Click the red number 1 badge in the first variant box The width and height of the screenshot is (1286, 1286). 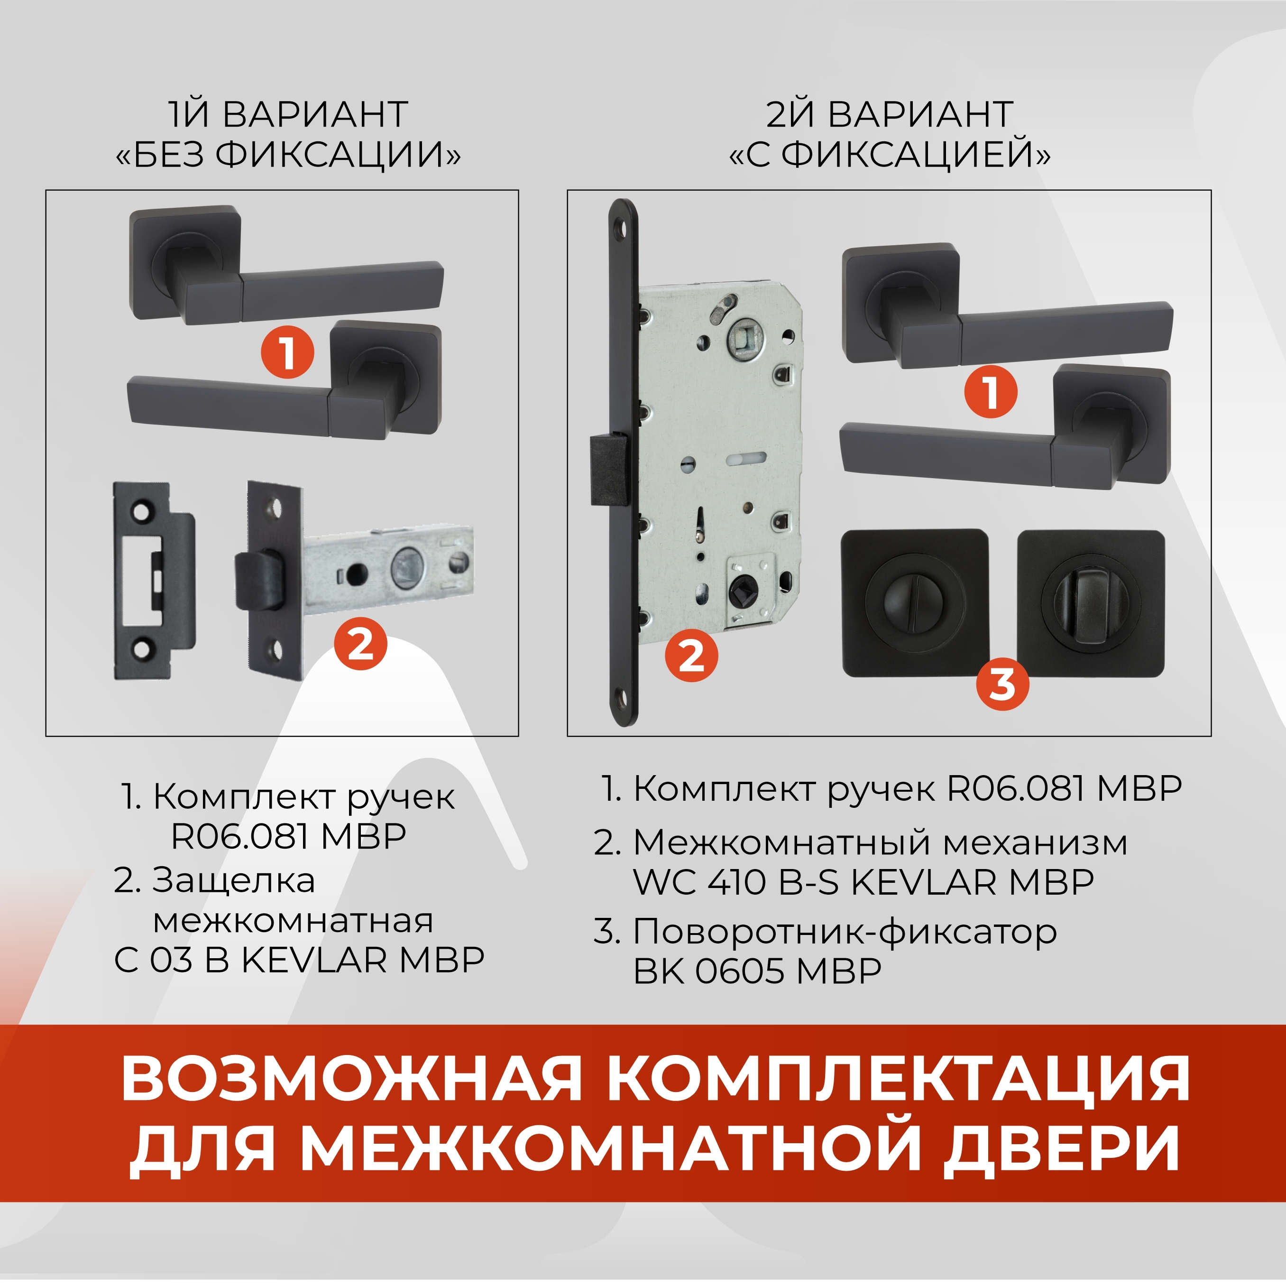[x=287, y=352]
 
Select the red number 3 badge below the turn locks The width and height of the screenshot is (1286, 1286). [x=1002, y=683]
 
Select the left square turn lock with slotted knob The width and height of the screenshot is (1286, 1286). [x=915, y=603]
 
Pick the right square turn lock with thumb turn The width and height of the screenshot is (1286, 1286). [x=1091, y=603]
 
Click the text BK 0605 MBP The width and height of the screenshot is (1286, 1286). [x=757, y=971]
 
